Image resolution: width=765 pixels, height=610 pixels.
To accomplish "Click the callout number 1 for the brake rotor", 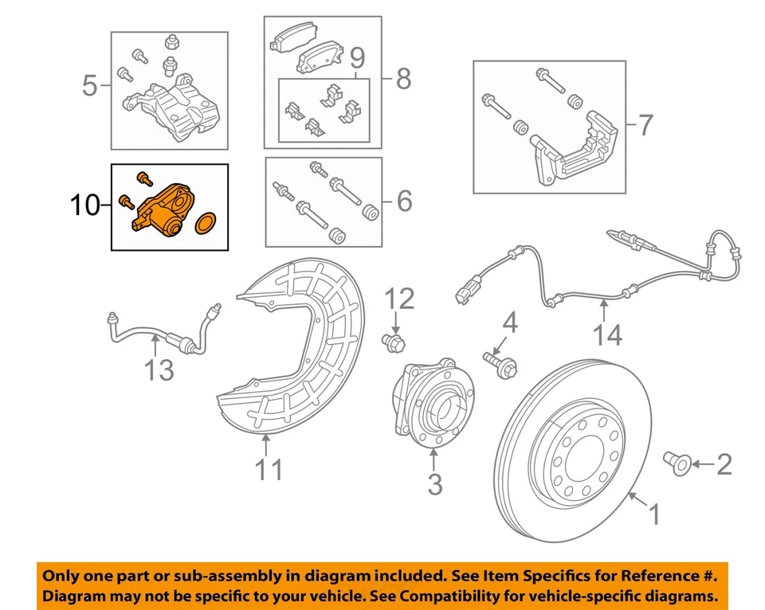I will (x=653, y=515).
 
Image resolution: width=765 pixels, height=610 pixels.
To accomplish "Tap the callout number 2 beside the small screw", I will (x=724, y=463).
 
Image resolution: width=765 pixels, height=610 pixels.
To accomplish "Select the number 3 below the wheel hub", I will (x=434, y=483).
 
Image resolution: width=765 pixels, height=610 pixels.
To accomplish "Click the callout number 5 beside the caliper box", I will (x=90, y=84).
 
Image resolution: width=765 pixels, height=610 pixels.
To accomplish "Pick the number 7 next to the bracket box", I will (x=644, y=125).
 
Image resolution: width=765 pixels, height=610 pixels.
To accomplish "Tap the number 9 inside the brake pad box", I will (x=356, y=58).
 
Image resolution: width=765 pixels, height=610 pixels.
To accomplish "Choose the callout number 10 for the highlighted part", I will (x=87, y=207).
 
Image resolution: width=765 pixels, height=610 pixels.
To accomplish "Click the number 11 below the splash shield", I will (x=269, y=469).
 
